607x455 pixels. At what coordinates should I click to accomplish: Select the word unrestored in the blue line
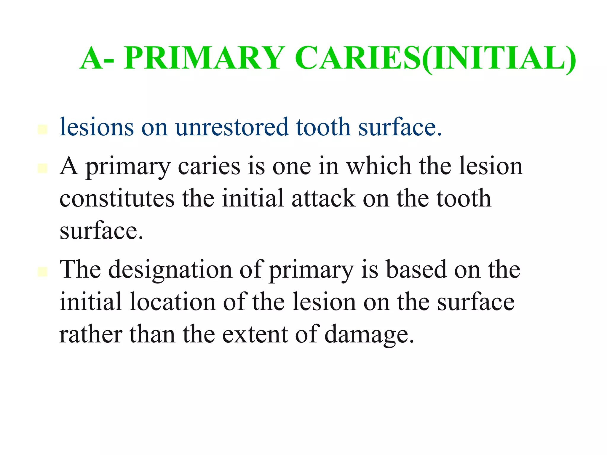pyautogui.click(x=231, y=127)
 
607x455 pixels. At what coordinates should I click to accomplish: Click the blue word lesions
pyautogui.click(x=97, y=127)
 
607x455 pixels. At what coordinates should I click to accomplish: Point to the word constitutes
pyautogui.click(x=117, y=198)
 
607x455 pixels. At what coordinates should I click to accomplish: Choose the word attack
pyautogui.click(x=323, y=198)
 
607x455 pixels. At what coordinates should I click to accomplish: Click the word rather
pyautogui.click(x=91, y=334)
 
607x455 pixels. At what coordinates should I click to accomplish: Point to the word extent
pyautogui.click(x=255, y=334)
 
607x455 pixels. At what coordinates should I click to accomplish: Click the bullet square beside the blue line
pyautogui.click(x=43, y=130)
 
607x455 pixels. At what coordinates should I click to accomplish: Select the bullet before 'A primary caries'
pyautogui.click(x=43, y=168)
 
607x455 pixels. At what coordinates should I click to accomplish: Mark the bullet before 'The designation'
pyautogui.click(x=43, y=272)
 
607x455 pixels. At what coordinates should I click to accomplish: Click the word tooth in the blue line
pyautogui.click(x=323, y=127)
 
